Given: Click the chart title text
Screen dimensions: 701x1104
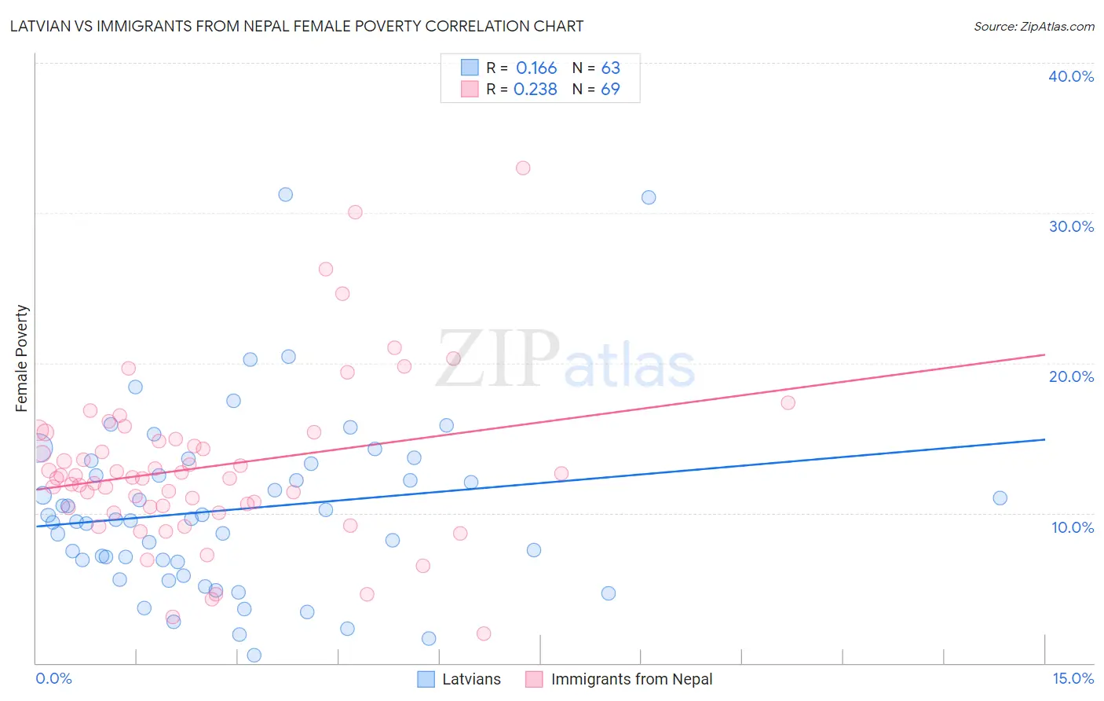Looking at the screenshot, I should pos(297,26).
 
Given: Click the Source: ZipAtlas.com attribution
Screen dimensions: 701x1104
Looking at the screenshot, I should pos(1033,26).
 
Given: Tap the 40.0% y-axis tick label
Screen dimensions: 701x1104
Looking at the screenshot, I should pos(1071,76).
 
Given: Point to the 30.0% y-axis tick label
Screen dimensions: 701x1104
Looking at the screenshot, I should pos(1071,226).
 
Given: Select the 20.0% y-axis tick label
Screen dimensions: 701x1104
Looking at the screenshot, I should pos(1071,376).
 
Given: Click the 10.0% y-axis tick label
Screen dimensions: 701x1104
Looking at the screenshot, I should pos(1073,527).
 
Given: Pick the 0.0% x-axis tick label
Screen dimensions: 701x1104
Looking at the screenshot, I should pos(53,678).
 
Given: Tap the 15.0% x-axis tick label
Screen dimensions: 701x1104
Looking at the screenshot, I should pos(1073,678).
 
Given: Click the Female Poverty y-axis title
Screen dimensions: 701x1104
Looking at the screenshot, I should pos(22,358).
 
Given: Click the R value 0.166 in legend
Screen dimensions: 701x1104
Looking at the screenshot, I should pos(536,68).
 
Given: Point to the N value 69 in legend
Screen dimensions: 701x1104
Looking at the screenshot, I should pos(610,90).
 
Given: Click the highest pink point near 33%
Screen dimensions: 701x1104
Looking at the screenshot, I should pos(523,168).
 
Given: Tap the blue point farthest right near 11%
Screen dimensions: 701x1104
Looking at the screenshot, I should pos(1000,498).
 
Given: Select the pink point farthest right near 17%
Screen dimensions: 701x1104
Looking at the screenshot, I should pos(788,403).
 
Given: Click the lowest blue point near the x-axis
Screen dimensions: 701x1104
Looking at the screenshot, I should pos(254,655).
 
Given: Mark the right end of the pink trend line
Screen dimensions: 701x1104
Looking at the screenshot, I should pos(1045,355).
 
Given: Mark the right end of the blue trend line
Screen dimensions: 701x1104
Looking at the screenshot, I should pos(1045,440).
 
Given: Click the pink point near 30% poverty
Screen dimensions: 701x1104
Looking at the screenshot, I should pos(355,212).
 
